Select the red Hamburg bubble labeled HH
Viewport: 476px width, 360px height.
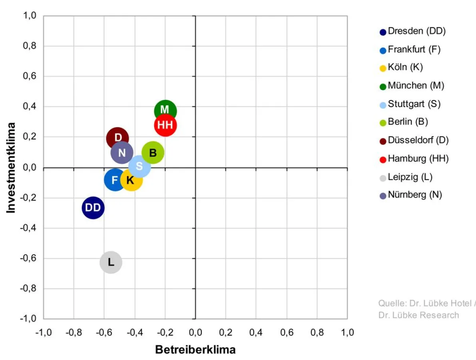coord(165,125)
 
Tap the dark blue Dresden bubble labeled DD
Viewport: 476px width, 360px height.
coord(93,208)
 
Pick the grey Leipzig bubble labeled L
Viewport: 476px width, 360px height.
coord(111,262)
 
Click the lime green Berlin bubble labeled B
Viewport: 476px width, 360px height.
coord(153,152)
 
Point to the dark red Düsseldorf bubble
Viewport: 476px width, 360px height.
coord(117,137)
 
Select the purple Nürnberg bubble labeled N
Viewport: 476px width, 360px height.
coord(121,153)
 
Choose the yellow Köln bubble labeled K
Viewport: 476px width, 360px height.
coord(131,180)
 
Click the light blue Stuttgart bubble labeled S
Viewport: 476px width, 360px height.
coord(139,166)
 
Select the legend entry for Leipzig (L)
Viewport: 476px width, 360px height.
coord(410,177)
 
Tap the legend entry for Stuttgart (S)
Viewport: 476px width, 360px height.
coord(414,104)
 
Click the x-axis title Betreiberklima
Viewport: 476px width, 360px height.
coord(195,350)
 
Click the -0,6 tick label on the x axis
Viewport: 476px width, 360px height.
coord(104,332)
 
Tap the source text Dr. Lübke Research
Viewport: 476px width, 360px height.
coord(418,315)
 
